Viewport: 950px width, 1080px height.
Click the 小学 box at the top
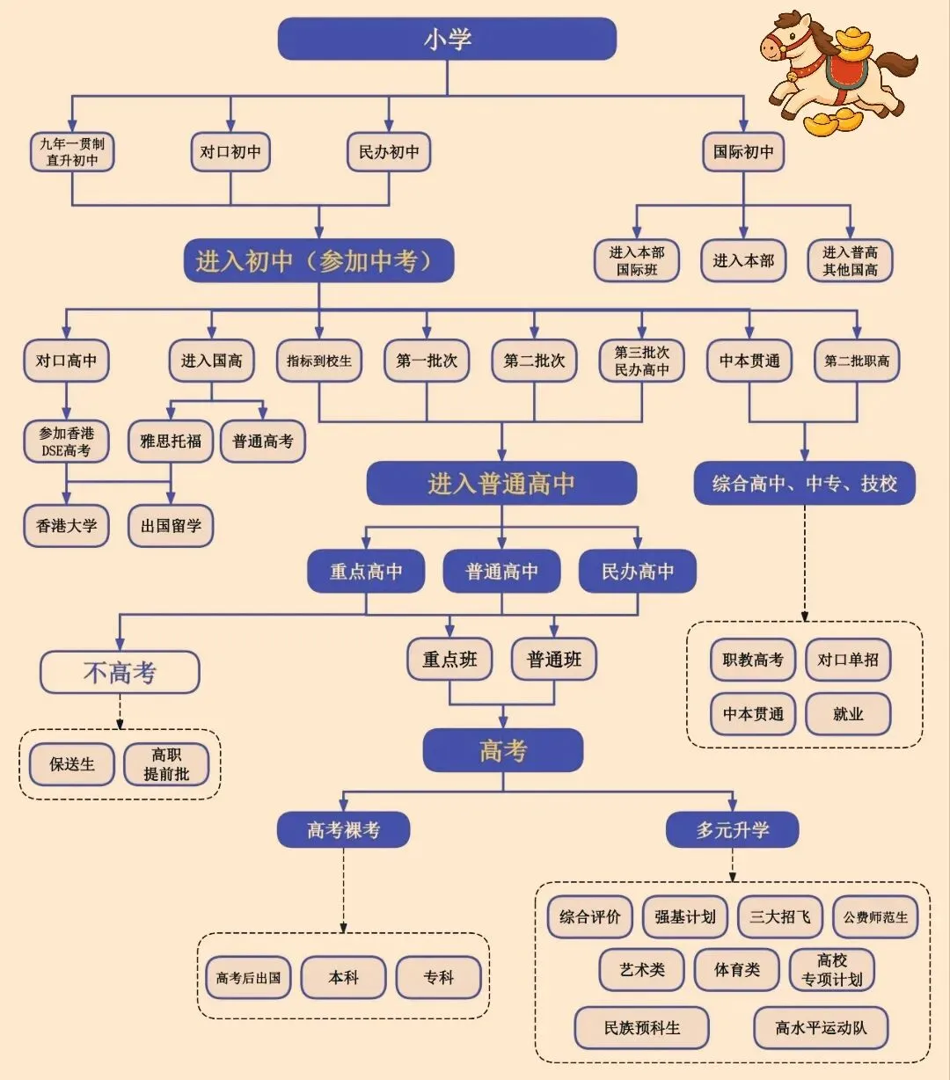point(447,39)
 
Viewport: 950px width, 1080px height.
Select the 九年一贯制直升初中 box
point(72,152)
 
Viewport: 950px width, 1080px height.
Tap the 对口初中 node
point(230,152)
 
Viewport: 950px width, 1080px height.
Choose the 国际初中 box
point(743,152)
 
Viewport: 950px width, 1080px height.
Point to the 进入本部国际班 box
point(637,260)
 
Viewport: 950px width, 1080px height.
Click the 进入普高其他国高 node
point(850,260)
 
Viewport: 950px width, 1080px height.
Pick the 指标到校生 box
point(318,361)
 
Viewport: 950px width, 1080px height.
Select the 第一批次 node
point(427,361)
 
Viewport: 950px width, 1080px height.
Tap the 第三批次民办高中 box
point(642,361)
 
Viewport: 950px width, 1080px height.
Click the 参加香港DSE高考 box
point(66,441)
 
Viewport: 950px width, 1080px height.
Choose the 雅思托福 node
point(171,441)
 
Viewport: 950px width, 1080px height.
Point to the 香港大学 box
point(66,526)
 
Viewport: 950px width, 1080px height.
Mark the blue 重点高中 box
point(366,572)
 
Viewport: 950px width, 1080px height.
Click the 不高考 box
point(120,672)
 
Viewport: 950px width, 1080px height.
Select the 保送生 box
point(72,764)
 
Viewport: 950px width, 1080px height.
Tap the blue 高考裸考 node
point(343,829)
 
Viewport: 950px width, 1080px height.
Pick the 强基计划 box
point(685,917)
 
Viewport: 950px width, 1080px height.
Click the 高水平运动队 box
point(821,1027)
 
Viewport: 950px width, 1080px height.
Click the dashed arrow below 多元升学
point(733,865)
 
